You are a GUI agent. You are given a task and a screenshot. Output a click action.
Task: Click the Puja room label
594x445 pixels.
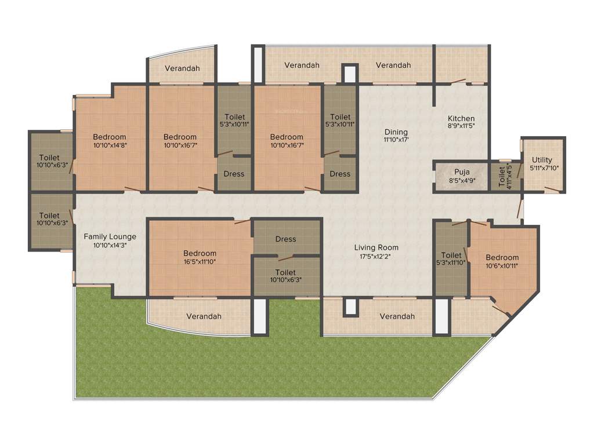[462, 172]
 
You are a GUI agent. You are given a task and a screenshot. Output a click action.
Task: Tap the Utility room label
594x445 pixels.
[542, 160]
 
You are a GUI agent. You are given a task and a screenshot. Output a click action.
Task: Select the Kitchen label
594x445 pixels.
[461, 118]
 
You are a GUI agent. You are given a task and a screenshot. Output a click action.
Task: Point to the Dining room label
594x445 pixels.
[396, 132]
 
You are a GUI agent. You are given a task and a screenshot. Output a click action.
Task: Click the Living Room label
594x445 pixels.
[376, 247]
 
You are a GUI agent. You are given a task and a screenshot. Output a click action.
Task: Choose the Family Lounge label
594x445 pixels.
[110, 236]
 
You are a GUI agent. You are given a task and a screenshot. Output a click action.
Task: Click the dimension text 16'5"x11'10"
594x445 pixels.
[200, 261]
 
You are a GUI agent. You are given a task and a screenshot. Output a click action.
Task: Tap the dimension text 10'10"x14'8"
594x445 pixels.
[110, 145]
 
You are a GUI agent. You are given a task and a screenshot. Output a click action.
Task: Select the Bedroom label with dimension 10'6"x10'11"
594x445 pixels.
[502, 257]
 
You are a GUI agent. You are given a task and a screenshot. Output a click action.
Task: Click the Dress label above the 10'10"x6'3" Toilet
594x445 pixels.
[285, 239]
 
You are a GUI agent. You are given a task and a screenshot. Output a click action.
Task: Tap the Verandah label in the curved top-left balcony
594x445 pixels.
[182, 68]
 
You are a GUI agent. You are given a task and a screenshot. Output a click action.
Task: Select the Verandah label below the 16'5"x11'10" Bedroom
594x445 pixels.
[204, 316]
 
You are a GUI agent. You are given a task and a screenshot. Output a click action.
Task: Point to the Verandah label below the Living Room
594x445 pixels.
[397, 316]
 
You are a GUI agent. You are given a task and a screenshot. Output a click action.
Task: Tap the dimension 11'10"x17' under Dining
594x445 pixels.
[396, 140]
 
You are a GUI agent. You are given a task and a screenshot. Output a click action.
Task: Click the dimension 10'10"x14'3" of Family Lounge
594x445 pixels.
[110, 245]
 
